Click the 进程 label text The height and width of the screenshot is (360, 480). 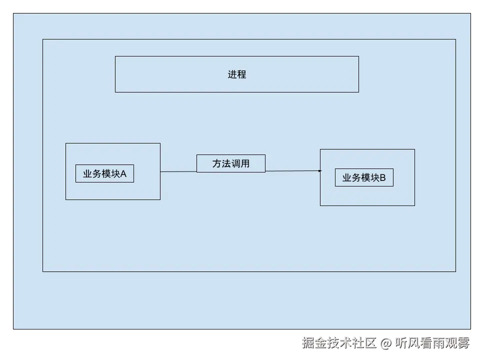point(237,74)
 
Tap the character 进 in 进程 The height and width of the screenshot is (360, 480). point(232,74)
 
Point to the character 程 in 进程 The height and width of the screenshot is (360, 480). point(242,74)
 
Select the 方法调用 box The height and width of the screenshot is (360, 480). point(230,163)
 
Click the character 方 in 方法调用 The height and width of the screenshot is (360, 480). point(217,163)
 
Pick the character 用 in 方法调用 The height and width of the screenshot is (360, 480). point(245,163)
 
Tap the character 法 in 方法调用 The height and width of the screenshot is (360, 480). point(226,163)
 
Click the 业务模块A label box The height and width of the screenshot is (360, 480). point(104,173)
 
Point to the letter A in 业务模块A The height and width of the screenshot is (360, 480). point(123,174)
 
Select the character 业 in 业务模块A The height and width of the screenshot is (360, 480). point(87,174)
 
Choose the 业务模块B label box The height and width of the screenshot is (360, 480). point(364,177)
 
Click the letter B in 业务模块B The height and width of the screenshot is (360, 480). point(383,178)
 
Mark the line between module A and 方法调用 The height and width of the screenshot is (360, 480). point(178,171)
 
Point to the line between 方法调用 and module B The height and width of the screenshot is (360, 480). point(292,171)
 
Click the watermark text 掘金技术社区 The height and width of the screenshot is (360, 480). point(338,342)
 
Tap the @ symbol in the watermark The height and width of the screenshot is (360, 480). point(385,343)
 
